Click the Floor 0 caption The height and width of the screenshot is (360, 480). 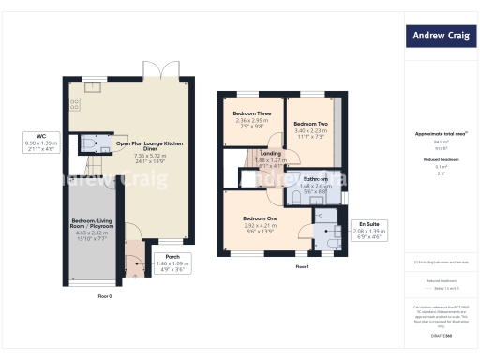[105, 295]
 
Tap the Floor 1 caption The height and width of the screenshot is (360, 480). [302, 267]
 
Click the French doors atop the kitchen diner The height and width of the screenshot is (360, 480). [168, 69]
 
